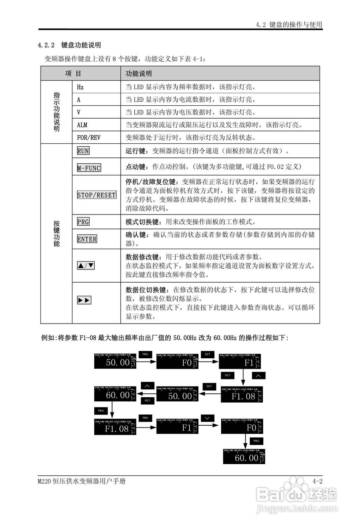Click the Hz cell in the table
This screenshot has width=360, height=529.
80,87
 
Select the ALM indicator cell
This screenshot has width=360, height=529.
82,125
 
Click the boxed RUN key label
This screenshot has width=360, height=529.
83,151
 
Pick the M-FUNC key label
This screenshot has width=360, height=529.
89,168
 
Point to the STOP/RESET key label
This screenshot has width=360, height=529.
96,195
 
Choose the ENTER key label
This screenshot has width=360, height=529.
87,239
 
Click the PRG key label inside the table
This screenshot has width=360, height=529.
83,222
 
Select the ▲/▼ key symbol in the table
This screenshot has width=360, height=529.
86,265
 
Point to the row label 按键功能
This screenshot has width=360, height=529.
56,234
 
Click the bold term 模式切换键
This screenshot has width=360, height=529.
141,222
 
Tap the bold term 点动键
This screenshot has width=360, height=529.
135,167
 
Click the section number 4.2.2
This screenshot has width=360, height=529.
46,45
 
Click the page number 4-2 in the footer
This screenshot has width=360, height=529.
317,481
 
